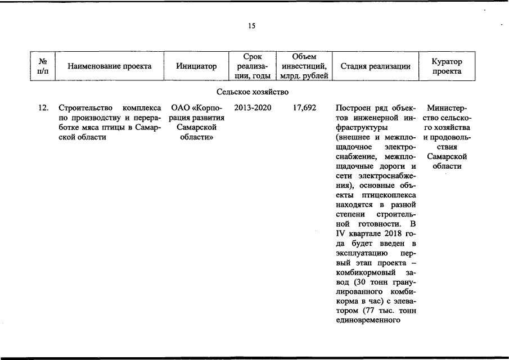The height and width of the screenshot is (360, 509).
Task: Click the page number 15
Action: click(251, 25)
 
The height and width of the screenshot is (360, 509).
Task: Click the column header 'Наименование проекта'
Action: click(109, 66)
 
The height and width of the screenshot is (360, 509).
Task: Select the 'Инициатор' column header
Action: click(196, 66)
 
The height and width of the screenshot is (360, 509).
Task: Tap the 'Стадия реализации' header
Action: click(375, 66)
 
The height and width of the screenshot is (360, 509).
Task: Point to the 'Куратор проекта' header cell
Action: click(447, 66)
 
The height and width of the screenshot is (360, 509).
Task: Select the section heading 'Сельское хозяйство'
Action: click(252, 91)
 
